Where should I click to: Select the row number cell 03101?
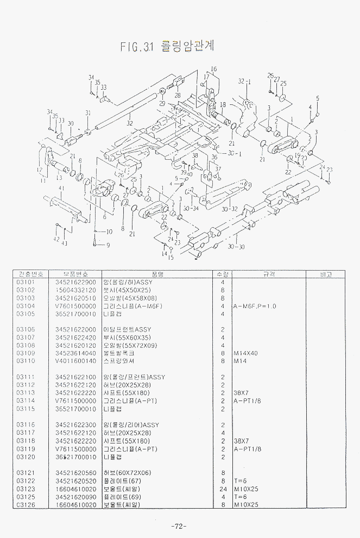pos(26,282)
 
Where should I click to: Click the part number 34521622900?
pos(75,282)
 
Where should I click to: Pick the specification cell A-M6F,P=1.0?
pos(255,306)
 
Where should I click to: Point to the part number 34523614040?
pos(75,353)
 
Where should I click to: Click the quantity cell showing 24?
pos(223,488)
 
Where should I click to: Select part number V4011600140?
pos(75,361)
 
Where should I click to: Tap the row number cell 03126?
pos(26,504)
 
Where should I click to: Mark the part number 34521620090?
pos(75,496)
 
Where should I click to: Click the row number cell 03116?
pos(26,425)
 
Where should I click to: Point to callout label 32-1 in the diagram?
pos(245,82)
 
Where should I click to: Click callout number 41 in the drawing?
pos(61,189)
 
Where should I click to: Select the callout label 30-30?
pos(236,247)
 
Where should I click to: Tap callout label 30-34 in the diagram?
pos(191,208)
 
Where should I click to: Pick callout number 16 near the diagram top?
pos(214,69)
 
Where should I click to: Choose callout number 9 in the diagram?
pos(108,245)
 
